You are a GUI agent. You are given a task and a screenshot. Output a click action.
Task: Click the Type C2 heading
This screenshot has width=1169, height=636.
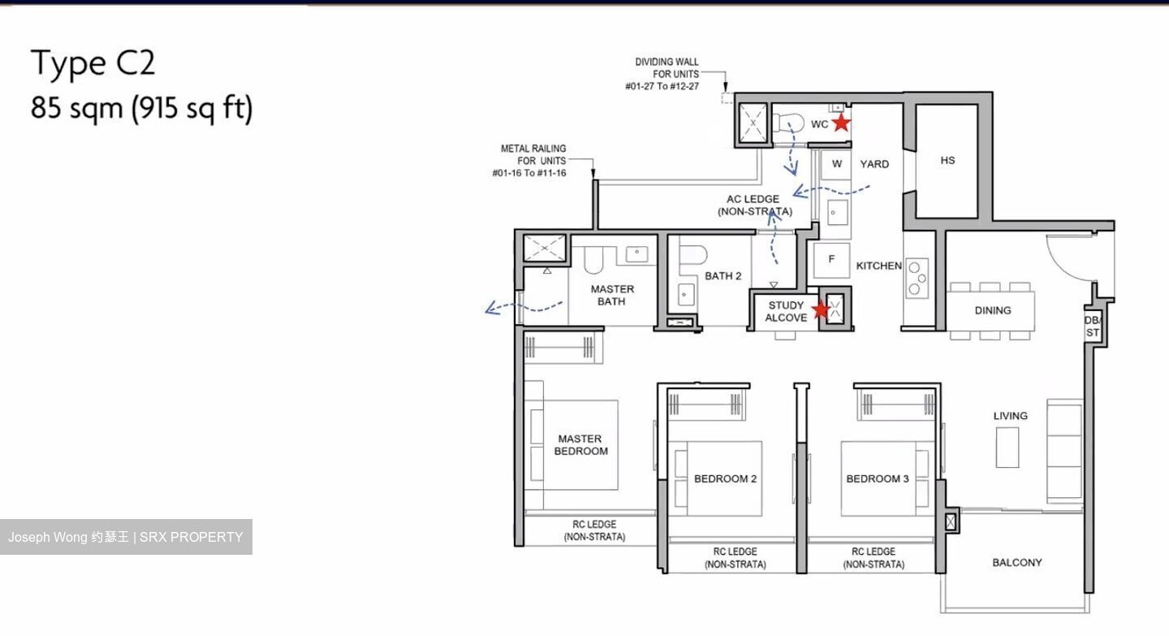93,63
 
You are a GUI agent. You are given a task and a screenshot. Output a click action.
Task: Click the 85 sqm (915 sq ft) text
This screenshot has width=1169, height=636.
141,107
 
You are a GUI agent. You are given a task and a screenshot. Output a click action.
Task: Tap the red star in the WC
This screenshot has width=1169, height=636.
841,123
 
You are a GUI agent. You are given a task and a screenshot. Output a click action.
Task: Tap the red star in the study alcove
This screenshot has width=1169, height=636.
821,309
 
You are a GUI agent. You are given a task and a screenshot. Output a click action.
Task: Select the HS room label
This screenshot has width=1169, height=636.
947,161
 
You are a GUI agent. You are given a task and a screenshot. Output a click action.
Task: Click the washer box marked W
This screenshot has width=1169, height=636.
836,164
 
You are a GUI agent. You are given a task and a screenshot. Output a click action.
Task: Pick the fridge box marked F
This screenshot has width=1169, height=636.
831,260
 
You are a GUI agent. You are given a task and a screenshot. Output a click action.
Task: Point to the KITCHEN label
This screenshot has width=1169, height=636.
878,266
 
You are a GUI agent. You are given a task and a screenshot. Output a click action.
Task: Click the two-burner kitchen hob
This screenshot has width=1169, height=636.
917,277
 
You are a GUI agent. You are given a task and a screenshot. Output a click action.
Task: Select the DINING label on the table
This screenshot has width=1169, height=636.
992,310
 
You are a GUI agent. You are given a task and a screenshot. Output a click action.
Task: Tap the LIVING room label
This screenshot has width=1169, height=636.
1010,416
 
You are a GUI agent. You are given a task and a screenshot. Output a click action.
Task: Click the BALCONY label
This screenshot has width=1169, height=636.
1016,562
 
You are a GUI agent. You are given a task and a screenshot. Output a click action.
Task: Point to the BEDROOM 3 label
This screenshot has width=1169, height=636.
878,478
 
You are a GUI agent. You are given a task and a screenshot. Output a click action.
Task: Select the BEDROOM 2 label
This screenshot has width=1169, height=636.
725,478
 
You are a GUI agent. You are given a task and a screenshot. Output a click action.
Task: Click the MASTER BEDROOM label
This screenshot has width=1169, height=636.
580,444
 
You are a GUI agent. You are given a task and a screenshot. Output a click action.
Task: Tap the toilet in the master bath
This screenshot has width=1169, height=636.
592,261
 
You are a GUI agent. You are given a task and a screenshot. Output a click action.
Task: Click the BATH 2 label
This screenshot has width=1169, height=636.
723,276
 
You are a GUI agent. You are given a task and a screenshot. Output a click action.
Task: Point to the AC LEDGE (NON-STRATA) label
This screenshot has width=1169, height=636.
754,206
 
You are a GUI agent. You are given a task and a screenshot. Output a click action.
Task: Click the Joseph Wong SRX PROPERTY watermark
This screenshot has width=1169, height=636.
126,537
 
